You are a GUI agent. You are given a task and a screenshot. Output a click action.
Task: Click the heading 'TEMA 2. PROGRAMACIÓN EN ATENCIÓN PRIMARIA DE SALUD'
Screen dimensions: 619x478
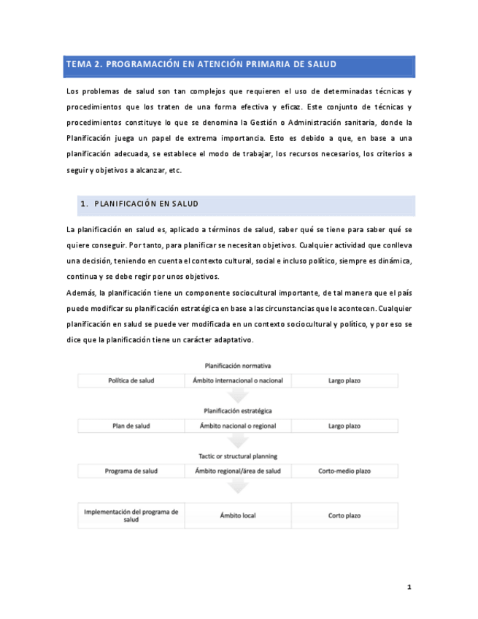[x=201, y=64]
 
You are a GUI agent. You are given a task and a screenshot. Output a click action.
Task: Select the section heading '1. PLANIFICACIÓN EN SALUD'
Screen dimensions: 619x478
[x=139, y=204]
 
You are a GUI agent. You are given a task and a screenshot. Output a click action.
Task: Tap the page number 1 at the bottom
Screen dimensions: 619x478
[x=409, y=587]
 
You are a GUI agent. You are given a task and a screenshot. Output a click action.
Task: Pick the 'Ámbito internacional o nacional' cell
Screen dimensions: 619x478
[x=238, y=380]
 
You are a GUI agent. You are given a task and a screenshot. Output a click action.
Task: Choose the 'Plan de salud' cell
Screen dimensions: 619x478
[x=131, y=426]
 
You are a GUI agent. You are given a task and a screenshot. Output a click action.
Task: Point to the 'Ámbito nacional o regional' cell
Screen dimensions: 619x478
[x=238, y=426]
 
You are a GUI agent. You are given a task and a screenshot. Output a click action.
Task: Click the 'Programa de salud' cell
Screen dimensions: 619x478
[x=131, y=471]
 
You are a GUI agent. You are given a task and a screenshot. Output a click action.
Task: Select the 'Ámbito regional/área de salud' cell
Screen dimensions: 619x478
[x=238, y=471]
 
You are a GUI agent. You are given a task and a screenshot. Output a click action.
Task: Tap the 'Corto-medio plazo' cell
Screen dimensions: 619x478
[x=344, y=471]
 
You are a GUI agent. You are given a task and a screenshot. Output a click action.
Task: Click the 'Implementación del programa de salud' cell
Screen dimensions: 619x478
[x=131, y=515]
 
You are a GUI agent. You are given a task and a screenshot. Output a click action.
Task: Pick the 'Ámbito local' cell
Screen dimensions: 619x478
[x=238, y=515]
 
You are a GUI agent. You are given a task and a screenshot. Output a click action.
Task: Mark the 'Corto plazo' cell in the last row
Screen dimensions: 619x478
[x=344, y=515]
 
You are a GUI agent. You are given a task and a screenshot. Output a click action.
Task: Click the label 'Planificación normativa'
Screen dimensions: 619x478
[x=238, y=366]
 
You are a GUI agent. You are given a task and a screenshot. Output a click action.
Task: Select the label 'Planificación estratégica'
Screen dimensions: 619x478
[x=238, y=411]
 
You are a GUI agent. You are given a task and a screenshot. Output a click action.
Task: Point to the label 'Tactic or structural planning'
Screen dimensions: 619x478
[x=238, y=456]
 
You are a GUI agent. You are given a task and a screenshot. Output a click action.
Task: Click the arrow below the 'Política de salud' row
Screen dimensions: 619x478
[x=238, y=395]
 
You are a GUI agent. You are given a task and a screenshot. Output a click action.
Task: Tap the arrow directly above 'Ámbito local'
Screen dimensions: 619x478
[x=238, y=486]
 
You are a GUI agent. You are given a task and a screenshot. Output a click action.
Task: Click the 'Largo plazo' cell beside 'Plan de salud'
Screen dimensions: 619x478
[x=344, y=426]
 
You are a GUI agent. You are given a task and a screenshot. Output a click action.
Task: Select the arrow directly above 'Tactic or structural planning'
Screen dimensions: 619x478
[x=238, y=440]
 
